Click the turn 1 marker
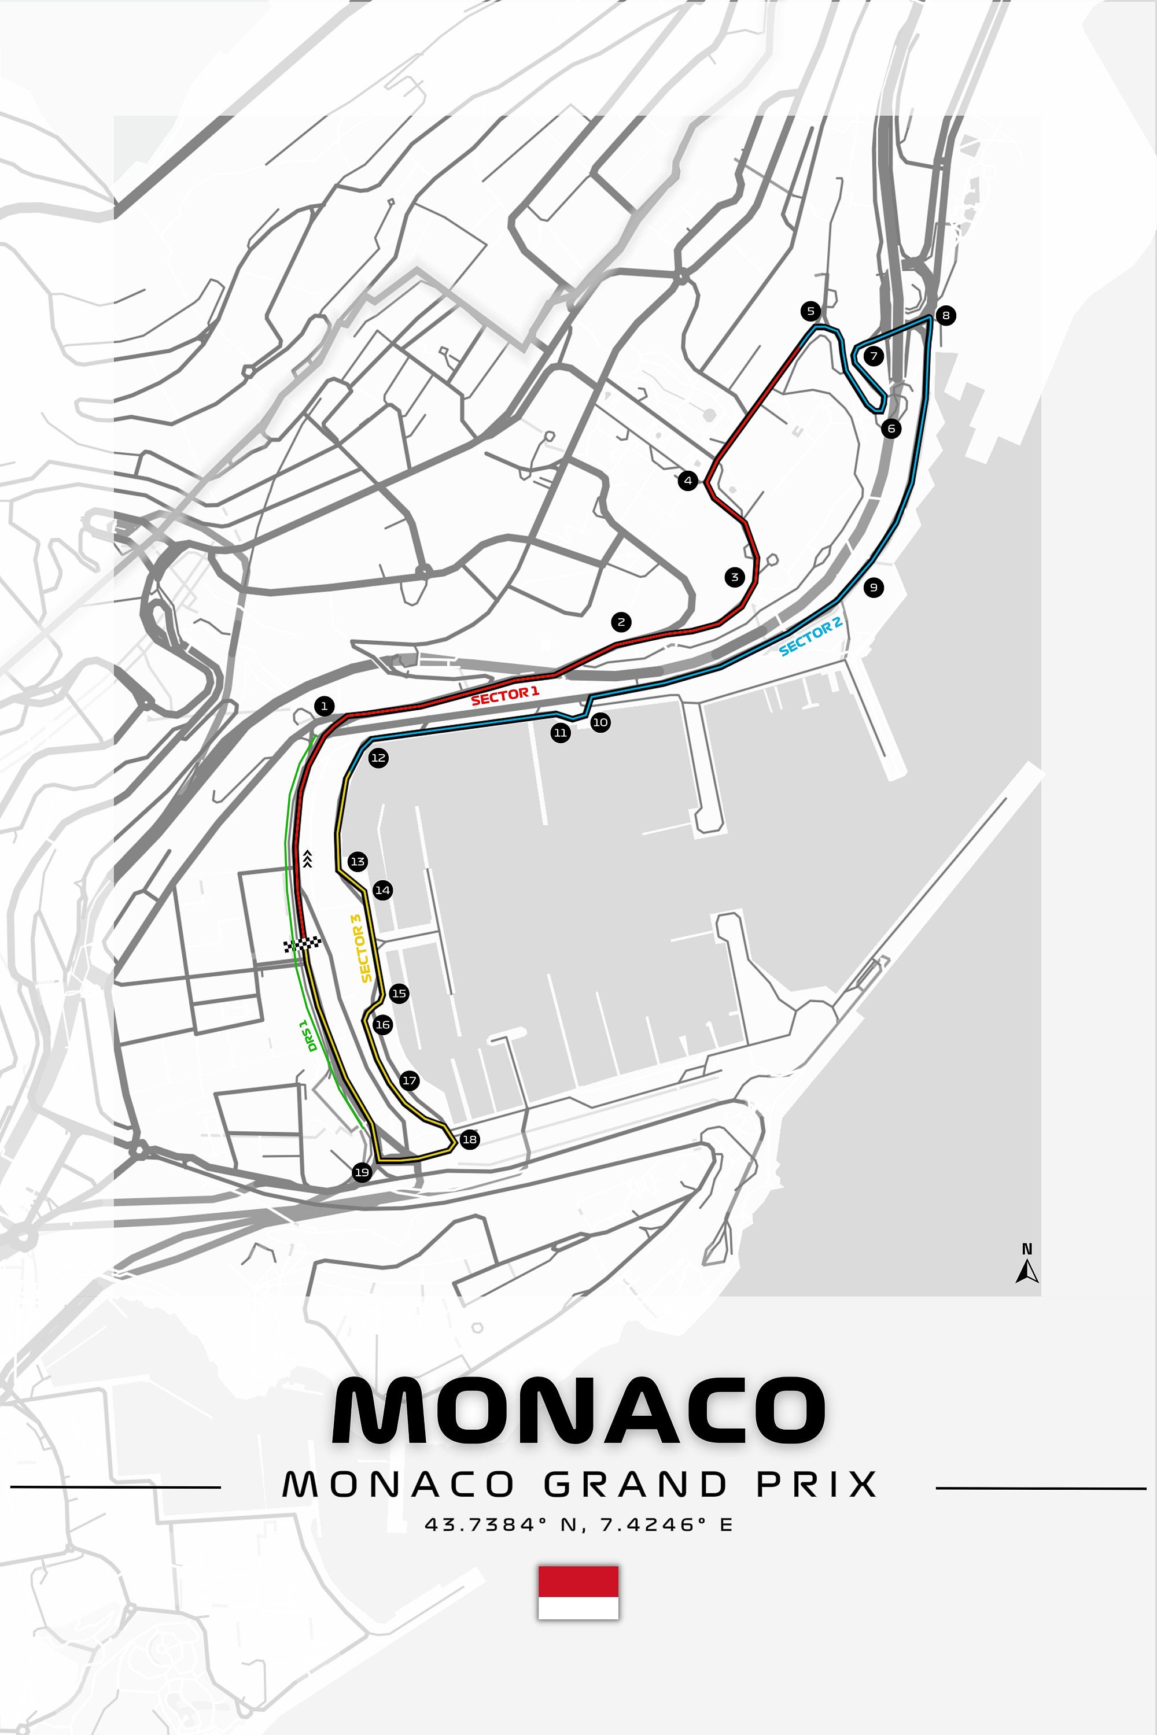coord(324,706)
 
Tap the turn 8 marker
coord(945,316)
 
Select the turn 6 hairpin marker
coord(891,428)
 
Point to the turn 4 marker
coord(688,481)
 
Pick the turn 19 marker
coord(362,1172)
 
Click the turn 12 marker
coord(378,758)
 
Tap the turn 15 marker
coord(399,993)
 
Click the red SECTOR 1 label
coord(504,695)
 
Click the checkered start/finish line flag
coord(303,944)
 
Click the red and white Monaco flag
coord(578,1592)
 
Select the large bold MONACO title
coord(578,1411)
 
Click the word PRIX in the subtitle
coord(816,1484)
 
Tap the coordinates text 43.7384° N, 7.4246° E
coord(578,1524)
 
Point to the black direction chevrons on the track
coord(308,859)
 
